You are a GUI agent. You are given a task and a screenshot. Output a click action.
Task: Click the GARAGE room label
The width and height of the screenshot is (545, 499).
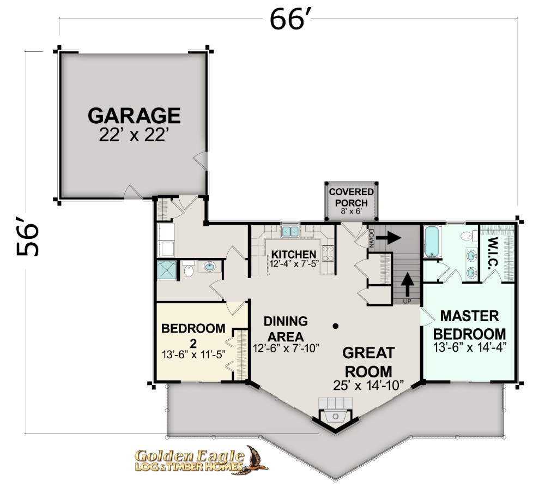134,116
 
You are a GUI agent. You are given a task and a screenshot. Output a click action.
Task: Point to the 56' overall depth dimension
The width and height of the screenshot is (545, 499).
28,236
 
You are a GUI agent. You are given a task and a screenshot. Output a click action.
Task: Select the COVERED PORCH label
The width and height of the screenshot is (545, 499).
352,197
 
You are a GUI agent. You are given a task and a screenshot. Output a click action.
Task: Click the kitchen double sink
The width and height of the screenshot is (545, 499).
290,231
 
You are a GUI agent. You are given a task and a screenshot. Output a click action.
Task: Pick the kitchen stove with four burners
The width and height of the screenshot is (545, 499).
328,254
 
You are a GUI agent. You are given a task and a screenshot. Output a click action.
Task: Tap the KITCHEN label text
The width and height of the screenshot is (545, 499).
294,255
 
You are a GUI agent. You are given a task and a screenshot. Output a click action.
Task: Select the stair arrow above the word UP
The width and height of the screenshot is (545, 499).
407,284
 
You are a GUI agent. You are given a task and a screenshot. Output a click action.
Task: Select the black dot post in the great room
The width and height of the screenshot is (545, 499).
335,326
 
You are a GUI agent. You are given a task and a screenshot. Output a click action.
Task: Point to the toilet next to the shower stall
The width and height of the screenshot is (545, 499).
189,268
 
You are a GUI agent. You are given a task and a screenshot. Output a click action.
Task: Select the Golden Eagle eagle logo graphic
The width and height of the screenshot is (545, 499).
256,460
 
